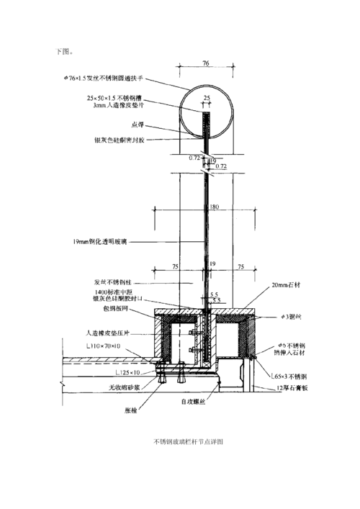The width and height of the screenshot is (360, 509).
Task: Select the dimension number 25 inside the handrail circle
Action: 207,97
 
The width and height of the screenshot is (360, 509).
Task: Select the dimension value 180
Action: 213,207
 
